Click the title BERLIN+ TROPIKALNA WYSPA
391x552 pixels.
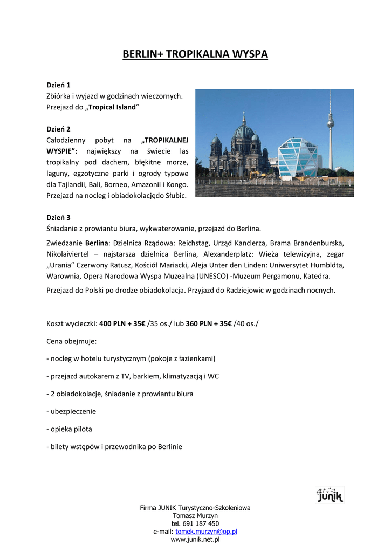[195, 54]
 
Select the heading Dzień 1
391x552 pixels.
[58, 85]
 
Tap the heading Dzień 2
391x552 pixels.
[58, 129]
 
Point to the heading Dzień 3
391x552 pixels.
[58, 218]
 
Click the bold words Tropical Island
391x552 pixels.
[112, 107]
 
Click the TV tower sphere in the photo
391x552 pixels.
[331, 123]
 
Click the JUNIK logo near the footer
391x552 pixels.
[329, 495]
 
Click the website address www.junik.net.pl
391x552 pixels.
[195, 539]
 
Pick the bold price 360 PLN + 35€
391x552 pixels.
[209, 323]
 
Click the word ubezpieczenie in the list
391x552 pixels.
[73, 411]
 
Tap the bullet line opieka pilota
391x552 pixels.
[70, 429]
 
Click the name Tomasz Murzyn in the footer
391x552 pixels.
[195, 516]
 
